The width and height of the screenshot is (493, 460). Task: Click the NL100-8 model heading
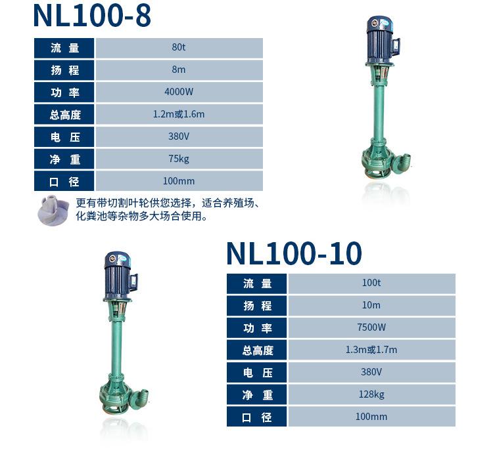[92, 16]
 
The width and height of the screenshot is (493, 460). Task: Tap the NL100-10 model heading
[294, 253]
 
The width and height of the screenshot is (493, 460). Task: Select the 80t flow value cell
[179, 48]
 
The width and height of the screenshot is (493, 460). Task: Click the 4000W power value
[179, 92]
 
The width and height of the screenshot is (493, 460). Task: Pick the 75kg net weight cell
[179, 159]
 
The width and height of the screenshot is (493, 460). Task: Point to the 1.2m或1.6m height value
[179, 114]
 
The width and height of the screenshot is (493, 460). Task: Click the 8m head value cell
[179, 70]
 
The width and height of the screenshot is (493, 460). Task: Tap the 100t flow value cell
[371, 283]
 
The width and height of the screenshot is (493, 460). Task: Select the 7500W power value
[371, 327]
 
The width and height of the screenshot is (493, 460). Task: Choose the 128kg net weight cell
[371, 395]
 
